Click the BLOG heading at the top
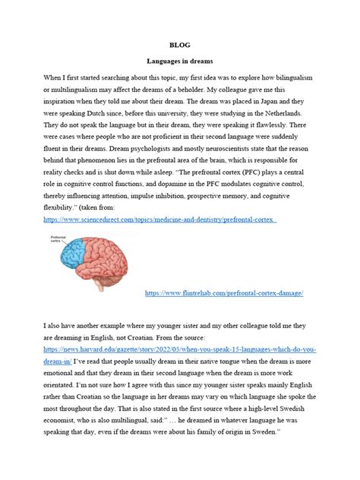click(180, 45)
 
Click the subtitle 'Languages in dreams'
click(180, 61)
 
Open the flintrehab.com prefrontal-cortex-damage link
click(224, 292)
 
